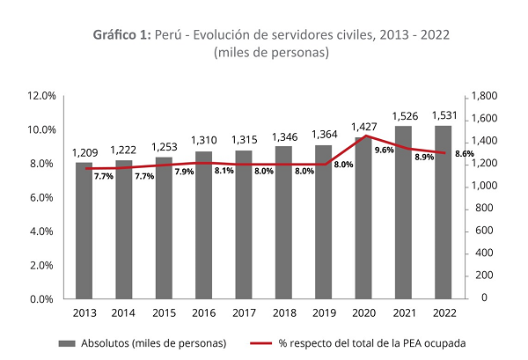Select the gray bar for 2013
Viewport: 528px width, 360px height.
84,231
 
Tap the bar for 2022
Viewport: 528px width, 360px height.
444,212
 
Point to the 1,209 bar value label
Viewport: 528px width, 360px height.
84,152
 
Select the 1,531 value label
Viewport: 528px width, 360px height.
444,115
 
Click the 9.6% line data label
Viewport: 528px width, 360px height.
384,151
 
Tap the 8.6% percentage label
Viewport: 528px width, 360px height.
464,154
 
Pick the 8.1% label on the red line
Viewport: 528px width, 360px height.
224,171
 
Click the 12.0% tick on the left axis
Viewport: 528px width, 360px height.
42,95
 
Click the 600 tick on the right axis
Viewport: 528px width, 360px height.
482,231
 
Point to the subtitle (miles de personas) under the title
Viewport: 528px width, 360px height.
271,53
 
